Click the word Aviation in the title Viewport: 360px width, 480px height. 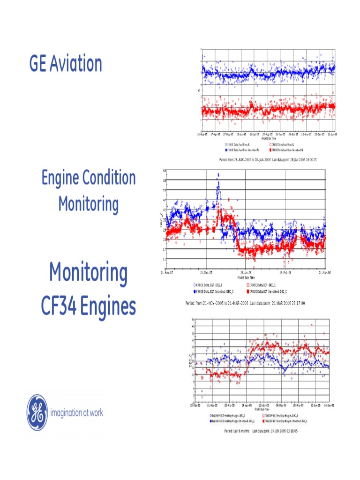point(75,64)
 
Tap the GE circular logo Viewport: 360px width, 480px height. point(37,412)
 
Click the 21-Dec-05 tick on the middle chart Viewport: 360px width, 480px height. point(206,272)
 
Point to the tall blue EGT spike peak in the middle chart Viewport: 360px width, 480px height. point(217,175)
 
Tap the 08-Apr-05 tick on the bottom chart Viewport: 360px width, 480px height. point(246,405)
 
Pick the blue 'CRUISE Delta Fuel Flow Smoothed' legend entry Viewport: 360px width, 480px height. point(244,150)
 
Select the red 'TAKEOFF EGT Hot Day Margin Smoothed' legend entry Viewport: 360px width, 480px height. point(282,421)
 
